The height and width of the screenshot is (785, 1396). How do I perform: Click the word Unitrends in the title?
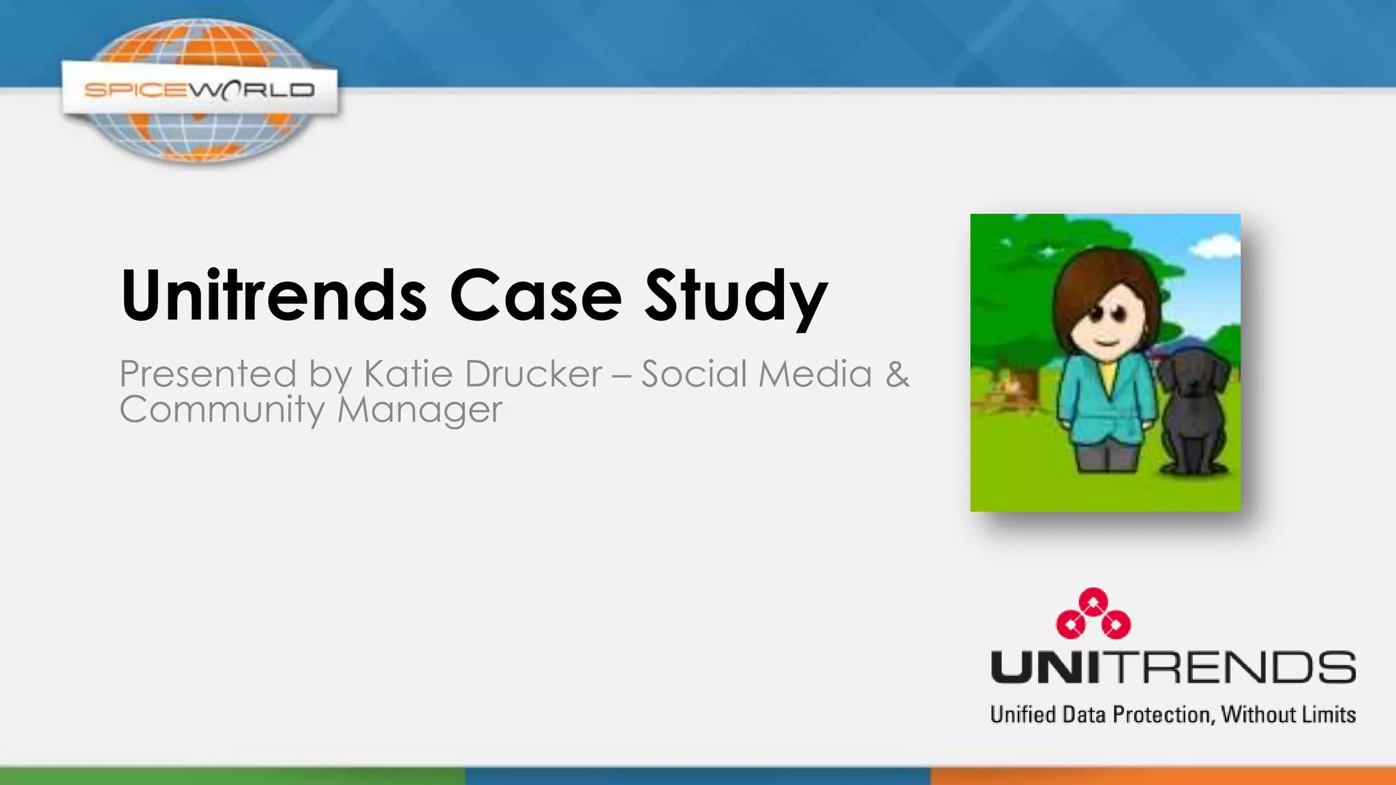(x=273, y=296)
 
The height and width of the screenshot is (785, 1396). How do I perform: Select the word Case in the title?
(x=535, y=296)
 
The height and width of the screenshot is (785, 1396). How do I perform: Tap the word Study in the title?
(x=736, y=296)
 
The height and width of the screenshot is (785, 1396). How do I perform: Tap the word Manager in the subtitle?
(x=420, y=410)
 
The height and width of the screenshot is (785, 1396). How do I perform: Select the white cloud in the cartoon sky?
(x=1217, y=245)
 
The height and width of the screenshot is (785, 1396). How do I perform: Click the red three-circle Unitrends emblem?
(x=1093, y=613)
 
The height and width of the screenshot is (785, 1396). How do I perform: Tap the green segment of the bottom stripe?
(x=232, y=776)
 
